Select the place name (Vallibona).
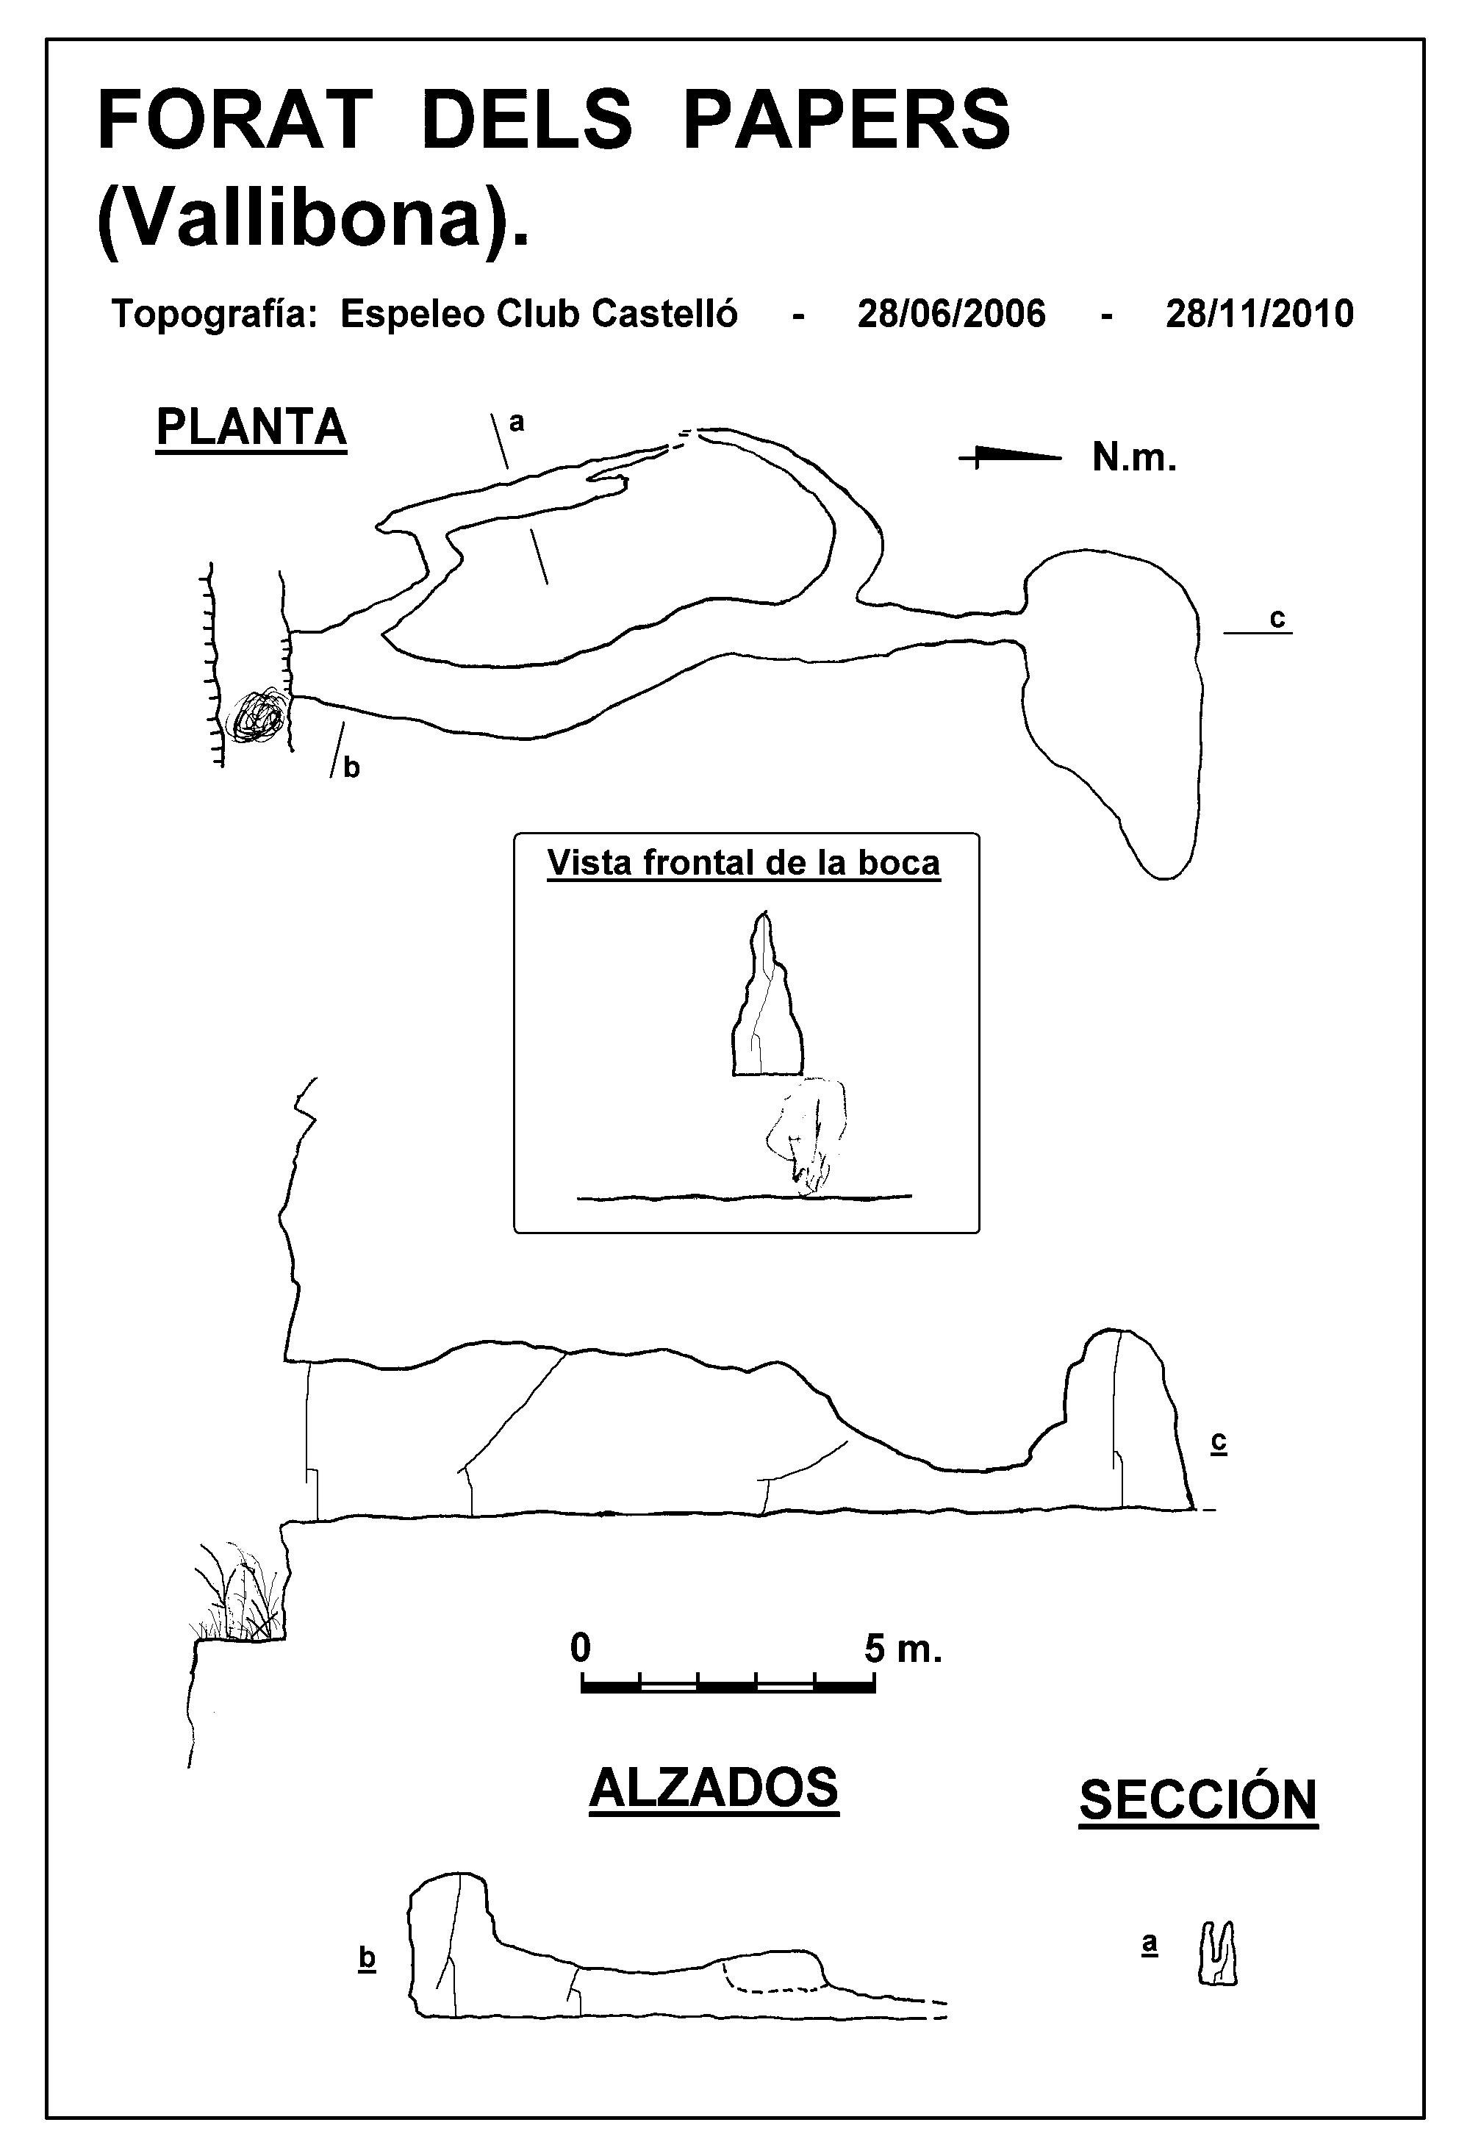click(x=314, y=221)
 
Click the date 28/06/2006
click(x=951, y=315)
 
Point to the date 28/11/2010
click(x=1259, y=315)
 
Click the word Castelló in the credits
click(x=665, y=315)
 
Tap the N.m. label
click(x=1134, y=457)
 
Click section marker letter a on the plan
click(x=517, y=423)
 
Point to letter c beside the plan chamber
click(x=1277, y=618)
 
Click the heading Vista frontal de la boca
click(x=744, y=863)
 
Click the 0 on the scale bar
click(x=580, y=1648)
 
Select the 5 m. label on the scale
click(x=903, y=1648)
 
